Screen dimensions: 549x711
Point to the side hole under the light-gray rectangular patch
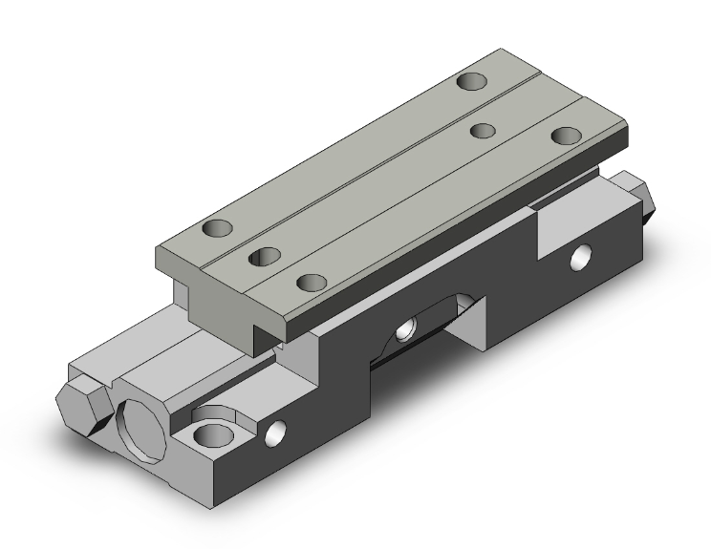coord(580,257)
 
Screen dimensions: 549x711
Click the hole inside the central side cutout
coord(406,327)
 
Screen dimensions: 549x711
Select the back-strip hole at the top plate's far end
coord(469,81)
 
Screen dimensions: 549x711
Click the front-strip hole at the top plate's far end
coord(566,135)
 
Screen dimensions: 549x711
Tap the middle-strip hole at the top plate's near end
coord(261,256)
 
